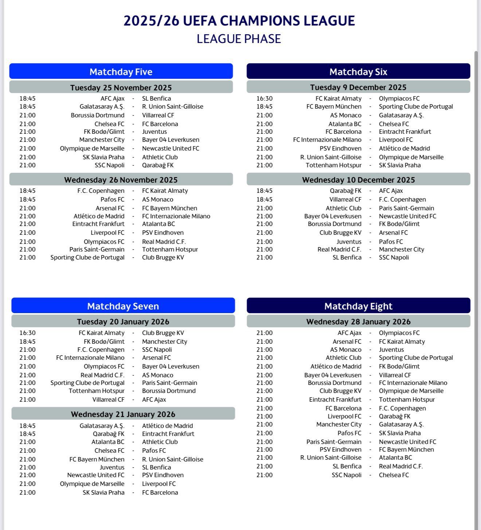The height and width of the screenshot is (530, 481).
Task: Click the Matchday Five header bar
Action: point(121,71)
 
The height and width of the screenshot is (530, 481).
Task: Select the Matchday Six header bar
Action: point(358,71)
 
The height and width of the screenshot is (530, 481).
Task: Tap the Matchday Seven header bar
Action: point(123,306)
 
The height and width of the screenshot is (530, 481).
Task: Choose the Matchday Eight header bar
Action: point(358,306)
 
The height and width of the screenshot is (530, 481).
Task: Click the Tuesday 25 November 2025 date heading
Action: point(121,87)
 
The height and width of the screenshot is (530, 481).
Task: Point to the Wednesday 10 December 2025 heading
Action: point(358,180)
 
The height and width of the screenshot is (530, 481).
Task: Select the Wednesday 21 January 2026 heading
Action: point(123,414)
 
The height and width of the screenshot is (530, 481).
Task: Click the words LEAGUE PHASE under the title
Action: point(239,39)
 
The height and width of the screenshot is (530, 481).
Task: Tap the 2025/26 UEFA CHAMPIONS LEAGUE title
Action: point(239,21)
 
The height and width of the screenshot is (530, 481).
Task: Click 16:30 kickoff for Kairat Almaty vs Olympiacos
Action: point(264,98)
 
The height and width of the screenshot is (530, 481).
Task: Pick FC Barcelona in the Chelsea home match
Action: point(160,124)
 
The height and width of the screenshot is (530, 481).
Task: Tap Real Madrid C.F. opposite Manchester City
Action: point(339,249)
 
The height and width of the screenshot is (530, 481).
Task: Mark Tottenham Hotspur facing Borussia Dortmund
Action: point(97,391)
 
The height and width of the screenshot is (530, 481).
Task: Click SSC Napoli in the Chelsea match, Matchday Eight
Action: point(347,475)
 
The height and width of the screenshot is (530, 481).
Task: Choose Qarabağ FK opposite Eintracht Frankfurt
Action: point(109,434)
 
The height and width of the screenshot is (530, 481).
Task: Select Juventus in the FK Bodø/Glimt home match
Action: point(155,132)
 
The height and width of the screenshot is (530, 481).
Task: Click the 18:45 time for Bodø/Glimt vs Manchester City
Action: point(27,342)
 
